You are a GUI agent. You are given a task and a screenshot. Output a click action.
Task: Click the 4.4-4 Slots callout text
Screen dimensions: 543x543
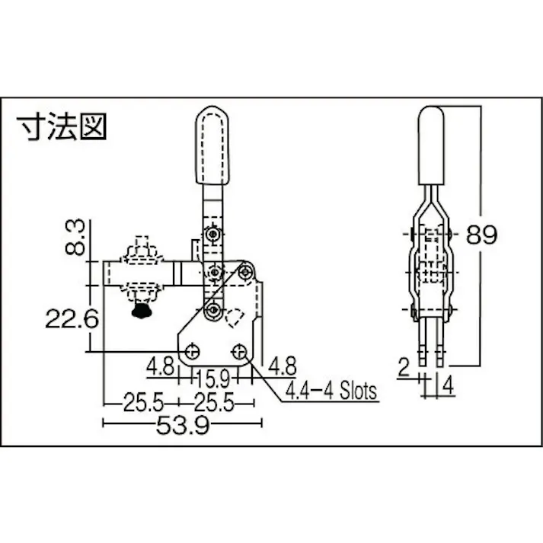tap(331, 392)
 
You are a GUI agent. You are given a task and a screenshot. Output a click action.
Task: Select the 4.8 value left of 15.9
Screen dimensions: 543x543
tap(161, 365)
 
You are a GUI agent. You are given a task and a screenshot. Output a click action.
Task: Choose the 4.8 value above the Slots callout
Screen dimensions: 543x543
tap(281, 365)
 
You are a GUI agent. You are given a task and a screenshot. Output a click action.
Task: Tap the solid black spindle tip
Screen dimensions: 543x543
tap(140, 311)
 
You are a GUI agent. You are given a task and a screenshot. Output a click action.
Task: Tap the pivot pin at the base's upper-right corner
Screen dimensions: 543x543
tap(245, 270)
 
